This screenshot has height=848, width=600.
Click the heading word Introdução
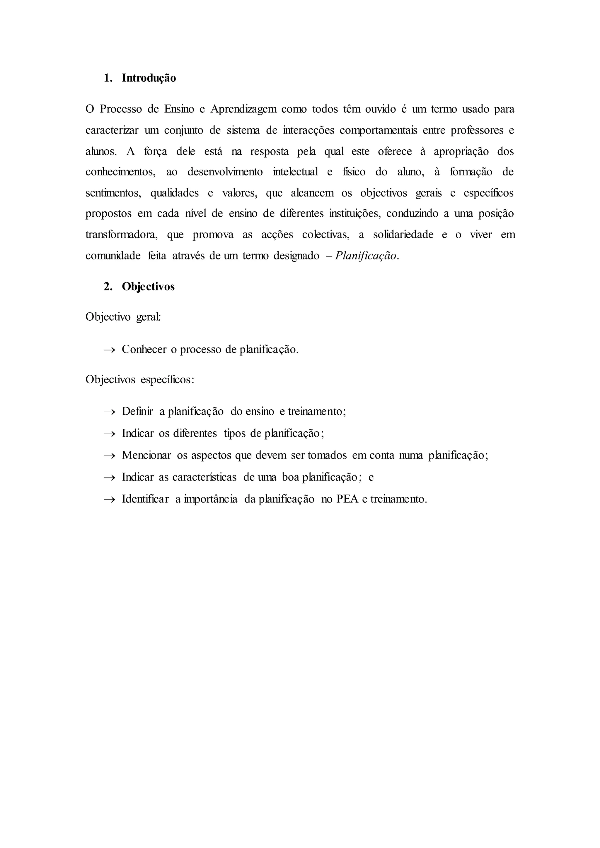tap(149, 78)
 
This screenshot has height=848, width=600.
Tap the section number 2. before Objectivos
tap(108, 287)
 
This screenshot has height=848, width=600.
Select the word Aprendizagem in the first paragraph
tap(244, 109)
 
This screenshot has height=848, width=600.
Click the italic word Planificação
tap(365, 256)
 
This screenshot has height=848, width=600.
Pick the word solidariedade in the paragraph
tap(403, 235)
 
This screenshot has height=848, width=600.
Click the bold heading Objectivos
tap(148, 287)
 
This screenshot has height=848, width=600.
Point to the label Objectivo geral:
tap(123, 317)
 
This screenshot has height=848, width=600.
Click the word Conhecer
tap(144, 349)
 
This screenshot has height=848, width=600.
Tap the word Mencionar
tap(146, 455)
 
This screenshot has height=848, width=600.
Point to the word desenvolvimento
tap(225, 172)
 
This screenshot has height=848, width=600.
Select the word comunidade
tap(113, 256)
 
